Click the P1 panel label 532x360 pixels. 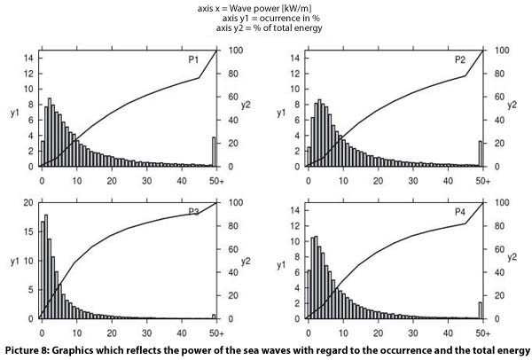coord(192,59)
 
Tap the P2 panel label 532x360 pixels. coord(459,59)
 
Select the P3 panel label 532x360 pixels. coord(192,210)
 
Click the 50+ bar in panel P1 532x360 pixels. coord(214,152)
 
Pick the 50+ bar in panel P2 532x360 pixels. coord(480,153)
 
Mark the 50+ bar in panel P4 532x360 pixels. coord(480,310)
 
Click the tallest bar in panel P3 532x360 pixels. coord(45,266)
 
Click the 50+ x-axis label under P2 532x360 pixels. coord(481,180)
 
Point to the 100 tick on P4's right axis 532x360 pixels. coord(500,202)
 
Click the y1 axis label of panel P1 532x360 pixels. coord(12,113)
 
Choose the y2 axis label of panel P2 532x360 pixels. coord(512,105)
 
